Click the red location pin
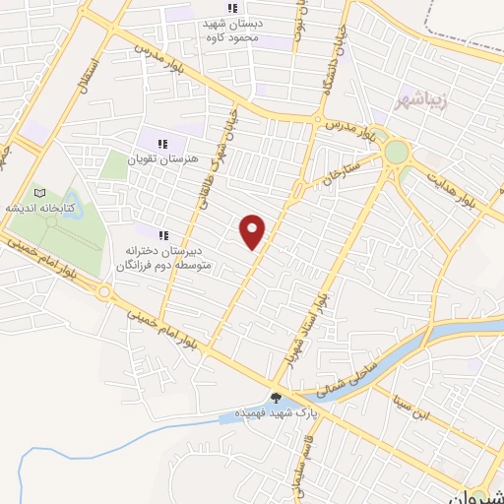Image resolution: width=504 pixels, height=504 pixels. click(x=254, y=231)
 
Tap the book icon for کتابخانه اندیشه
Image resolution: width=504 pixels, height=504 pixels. click(x=39, y=193)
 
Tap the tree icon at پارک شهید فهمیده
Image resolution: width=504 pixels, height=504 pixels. click(x=277, y=399)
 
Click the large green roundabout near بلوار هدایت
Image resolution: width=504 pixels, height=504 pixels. click(x=397, y=153)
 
